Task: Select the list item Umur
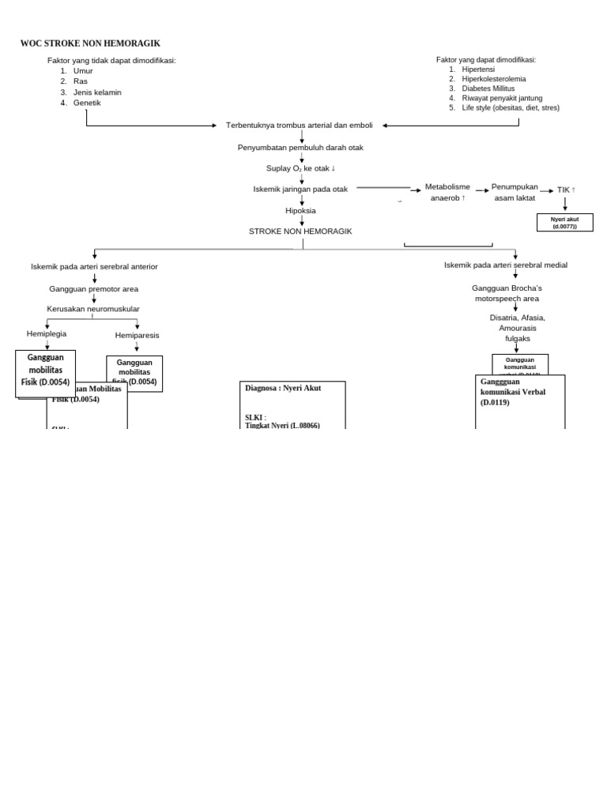click(x=83, y=70)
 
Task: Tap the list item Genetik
click(x=87, y=103)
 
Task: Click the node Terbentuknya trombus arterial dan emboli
click(x=299, y=125)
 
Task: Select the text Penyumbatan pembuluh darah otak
click(x=300, y=147)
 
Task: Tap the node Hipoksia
click(x=300, y=210)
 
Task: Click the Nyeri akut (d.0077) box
click(x=564, y=222)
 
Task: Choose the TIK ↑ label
click(x=566, y=190)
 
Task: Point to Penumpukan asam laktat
click(x=515, y=192)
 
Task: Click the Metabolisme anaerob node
click(x=447, y=192)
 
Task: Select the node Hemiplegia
click(x=47, y=333)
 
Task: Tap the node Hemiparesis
click(x=137, y=335)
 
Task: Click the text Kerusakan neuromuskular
click(x=93, y=308)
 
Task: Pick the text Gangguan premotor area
click(x=93, y=289)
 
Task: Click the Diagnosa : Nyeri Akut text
click(x=283, y=388)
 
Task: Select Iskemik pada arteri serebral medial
click(x=506, y=265)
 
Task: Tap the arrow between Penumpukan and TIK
click(x=547, y=190)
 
